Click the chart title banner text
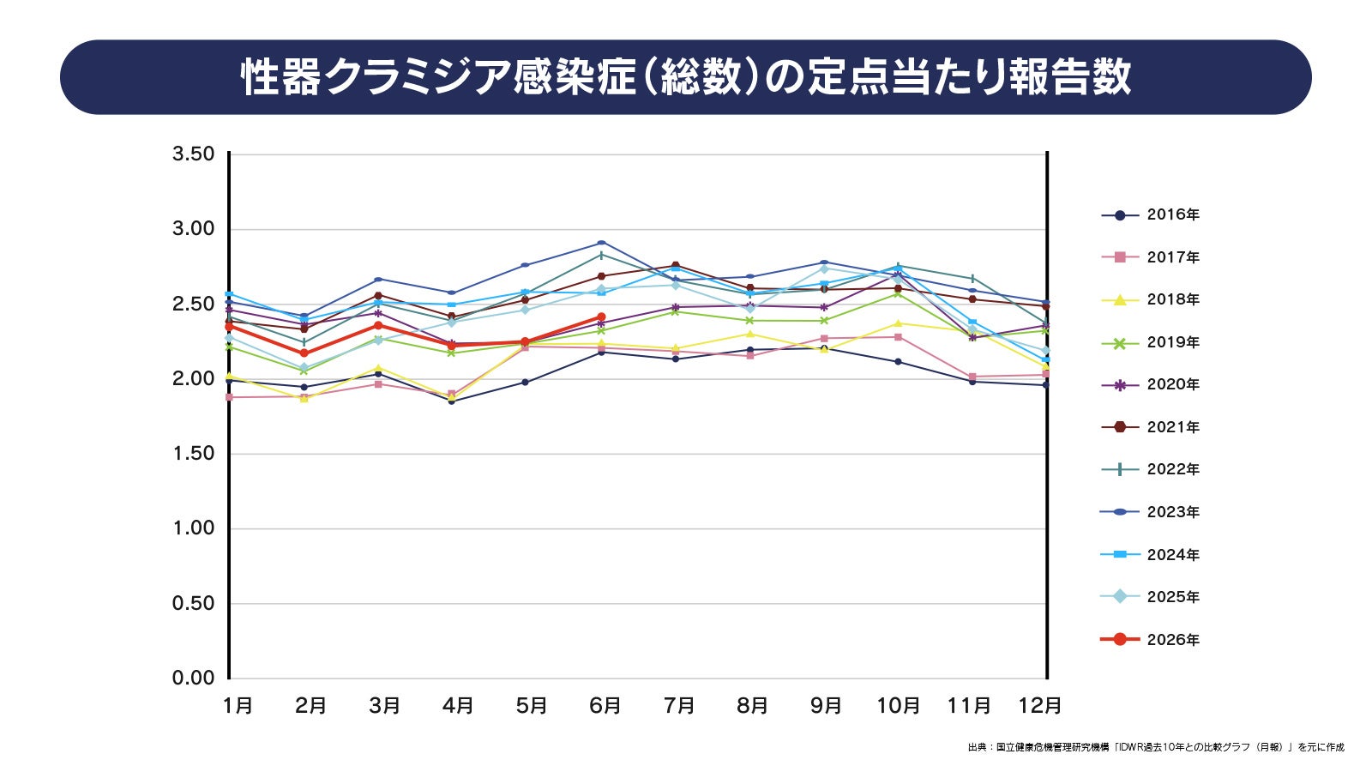pos(685,78)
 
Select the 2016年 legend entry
pos(1150,215)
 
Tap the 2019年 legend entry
pos(1150,343)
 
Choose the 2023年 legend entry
pos(1150,512)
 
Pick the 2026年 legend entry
pos(1150,640)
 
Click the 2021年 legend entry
pos(1150,428)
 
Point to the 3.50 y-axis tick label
pos(194,154)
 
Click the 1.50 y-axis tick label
pos(194,454)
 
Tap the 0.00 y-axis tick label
pos(194,679)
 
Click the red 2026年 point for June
pos(601,317)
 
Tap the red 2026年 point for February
pos(304,353)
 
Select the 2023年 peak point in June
pos(601,244)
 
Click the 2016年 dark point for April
pos(451,401)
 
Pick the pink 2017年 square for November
pos(972,377)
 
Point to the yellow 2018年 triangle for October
pos(899,323)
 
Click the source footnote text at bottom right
pos(1156,747)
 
